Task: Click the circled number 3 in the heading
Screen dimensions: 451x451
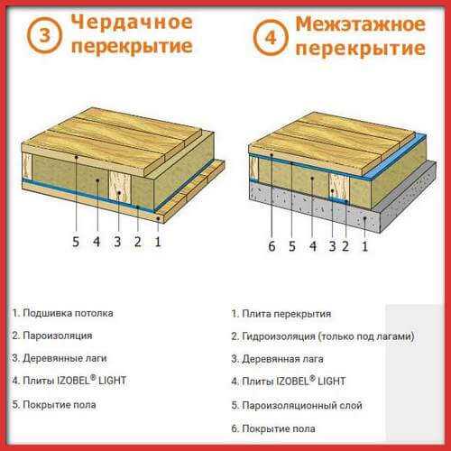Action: coord(44,35)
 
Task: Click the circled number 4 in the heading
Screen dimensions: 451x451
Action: coord(271,38)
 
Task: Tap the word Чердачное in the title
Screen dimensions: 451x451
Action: coord(132,23)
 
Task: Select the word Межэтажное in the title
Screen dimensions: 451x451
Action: coord(360,24)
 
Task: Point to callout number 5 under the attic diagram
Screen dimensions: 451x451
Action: coord(76,242)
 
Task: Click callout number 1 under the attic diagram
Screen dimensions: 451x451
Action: coord(158,242)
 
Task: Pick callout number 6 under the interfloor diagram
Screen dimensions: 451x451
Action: coord(272,246)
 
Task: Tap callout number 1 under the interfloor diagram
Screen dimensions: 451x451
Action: coord(364,246)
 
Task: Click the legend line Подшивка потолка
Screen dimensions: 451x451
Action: coord(63,313)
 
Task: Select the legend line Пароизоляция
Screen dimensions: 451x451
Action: coord(52,336)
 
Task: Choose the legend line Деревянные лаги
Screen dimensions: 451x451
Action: coord(60,358)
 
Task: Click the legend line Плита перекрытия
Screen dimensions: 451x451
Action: coord(281,314)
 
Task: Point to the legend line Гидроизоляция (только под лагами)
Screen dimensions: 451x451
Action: coord(323,336)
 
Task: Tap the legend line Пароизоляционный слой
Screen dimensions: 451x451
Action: coord(297,406)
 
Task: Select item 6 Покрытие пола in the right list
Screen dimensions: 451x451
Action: coord(273,428)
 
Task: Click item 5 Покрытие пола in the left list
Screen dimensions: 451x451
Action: coord(54,405)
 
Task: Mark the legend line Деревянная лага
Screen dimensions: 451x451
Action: coord(277,359)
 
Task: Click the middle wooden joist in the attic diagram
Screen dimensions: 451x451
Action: coord(119,187)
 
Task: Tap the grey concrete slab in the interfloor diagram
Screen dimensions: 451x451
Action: coord(343,205)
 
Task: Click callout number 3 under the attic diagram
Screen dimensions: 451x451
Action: coord(117,242)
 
